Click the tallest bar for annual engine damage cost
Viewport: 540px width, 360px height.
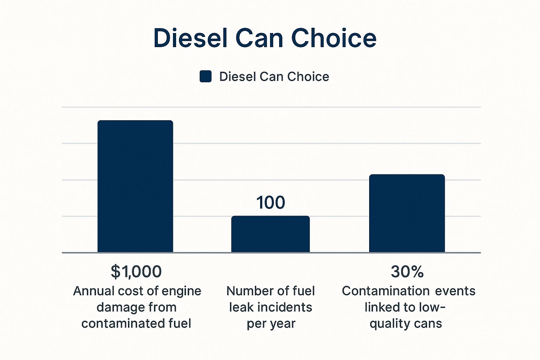[135, 186]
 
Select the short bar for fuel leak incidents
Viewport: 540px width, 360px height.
[270, 234]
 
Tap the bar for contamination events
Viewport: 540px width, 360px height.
[407, 213]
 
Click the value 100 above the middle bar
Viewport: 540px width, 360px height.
[270, 202]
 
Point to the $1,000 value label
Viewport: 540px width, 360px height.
[136, 271]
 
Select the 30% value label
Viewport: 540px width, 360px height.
[407, 271]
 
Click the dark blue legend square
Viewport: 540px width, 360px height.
[206, 76]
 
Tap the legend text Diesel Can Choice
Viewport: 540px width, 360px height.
[274, 77]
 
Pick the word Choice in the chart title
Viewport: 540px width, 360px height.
[334, 38]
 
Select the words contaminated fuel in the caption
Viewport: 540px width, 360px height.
[136, 323]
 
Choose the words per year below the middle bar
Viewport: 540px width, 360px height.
[271, 323]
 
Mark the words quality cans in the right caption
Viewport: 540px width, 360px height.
[406, 323]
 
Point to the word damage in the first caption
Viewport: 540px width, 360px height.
[118, 307]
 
